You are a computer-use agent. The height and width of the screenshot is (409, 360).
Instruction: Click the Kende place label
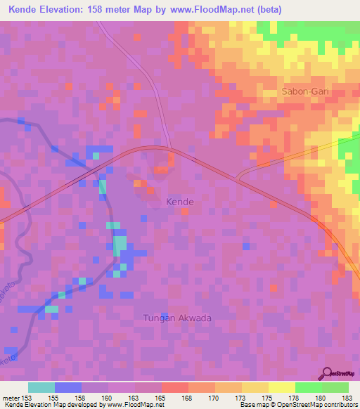(179, 202)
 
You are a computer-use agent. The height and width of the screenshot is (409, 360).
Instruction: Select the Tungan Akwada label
(177, 318)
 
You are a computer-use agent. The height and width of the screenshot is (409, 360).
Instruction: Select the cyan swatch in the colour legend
(41, 387)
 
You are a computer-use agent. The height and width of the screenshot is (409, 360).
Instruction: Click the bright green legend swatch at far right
(335, 387)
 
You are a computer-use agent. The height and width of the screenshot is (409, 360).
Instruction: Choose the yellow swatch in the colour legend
(255, 387)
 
